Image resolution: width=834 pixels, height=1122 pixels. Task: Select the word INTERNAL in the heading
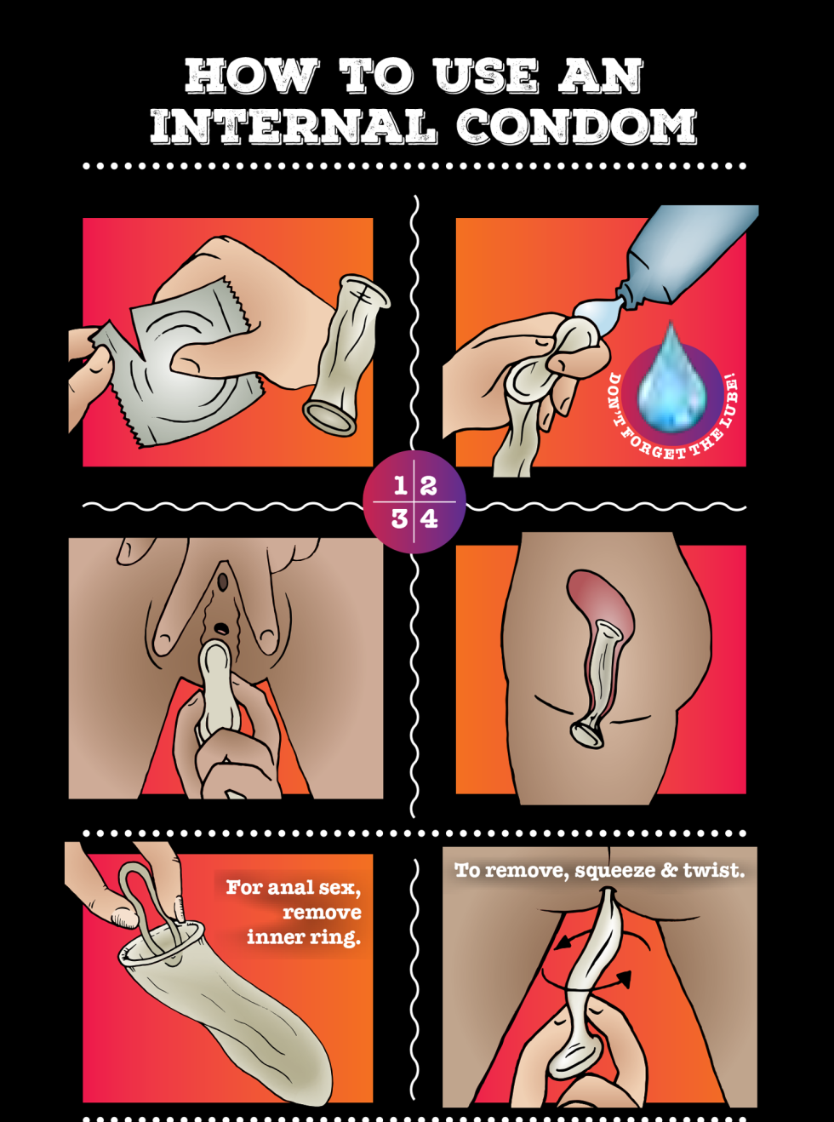[x=294, y=127]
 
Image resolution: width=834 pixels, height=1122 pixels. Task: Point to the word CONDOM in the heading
[x=576, y=127]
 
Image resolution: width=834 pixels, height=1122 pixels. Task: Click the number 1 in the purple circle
[x=400, y=486]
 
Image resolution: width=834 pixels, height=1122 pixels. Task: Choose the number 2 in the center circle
[x=429, y=486]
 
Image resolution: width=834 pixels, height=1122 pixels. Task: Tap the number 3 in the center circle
[x=399, y=518]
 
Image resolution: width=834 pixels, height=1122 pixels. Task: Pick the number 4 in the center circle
[x=430, y=518]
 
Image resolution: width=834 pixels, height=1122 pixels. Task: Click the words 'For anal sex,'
[x=294, y=888]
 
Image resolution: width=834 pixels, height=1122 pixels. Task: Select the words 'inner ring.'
[x=304, y=937]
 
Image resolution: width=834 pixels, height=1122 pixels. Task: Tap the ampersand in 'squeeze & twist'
[x=670, y=870]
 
